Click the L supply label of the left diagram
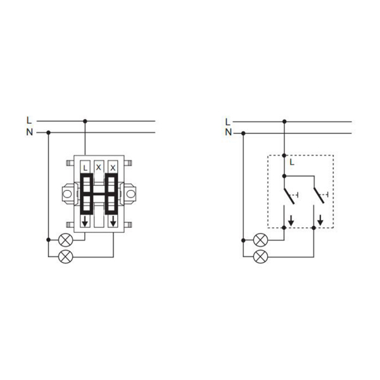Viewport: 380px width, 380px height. coord(29,120)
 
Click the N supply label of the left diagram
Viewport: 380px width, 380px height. coord(30,132)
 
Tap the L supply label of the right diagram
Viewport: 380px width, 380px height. coord(227,122)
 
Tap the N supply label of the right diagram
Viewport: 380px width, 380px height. coord(229,132)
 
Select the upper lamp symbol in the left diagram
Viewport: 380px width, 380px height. coord(66,241)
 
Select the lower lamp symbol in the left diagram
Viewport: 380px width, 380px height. coord(66,256)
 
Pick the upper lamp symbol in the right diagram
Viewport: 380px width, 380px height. coord(260,240)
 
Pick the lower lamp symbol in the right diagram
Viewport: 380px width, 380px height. coord(260,256)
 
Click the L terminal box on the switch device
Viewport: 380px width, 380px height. coord(85,167)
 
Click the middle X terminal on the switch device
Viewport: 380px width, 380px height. coord(99,167)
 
